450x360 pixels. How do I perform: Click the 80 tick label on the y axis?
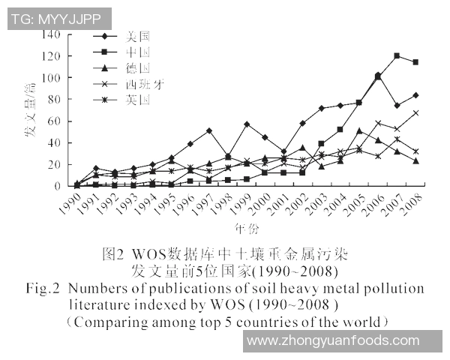coord(52,100)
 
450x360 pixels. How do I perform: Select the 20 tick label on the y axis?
coord(52,164)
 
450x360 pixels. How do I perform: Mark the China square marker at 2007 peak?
coord(397,56)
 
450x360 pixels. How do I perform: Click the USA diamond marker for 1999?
coord(247,124)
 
